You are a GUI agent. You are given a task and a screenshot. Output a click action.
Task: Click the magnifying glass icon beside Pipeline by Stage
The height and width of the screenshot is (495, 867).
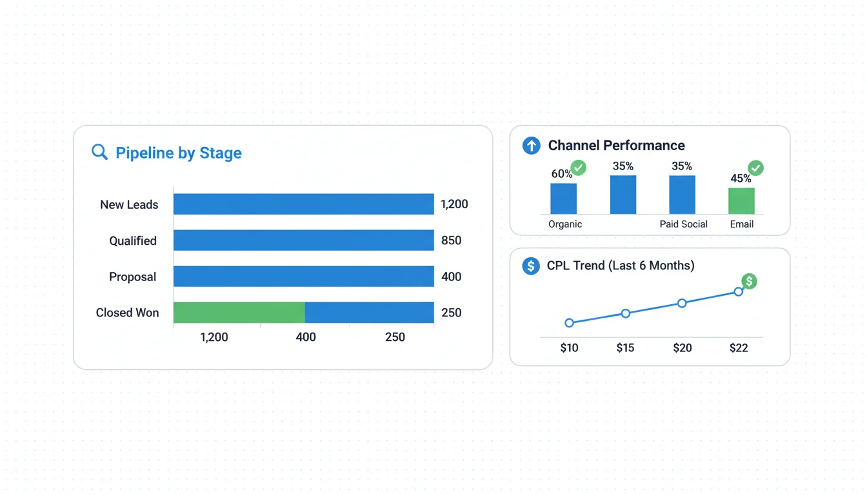click(x=99, y=152)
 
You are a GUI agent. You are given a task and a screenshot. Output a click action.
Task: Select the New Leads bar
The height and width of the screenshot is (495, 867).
click(x=303, y=204)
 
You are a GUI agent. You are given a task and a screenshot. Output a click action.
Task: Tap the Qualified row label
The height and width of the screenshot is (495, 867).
click(x=133, y=240)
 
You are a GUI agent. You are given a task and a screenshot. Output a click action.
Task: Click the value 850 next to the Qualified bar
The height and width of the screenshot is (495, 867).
click(x=451, y=240)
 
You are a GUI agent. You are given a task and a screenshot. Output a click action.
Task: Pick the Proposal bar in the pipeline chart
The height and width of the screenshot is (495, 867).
click(x=303, y=277)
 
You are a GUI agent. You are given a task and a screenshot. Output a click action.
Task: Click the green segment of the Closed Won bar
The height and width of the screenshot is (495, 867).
click(x=239, y=313)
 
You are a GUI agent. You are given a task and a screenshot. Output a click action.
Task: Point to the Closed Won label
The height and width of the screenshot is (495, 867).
click(x=127, y=313)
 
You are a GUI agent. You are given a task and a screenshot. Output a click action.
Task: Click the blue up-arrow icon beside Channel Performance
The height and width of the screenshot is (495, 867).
click(x=531, y=145)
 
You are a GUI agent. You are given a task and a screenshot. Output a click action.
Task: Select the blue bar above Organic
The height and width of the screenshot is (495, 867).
click(x=563, y=199)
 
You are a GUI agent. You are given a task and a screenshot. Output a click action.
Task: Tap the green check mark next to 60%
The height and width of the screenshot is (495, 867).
click(x=579, y=168)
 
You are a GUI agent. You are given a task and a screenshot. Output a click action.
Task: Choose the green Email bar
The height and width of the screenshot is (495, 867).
click(x=741, y=201)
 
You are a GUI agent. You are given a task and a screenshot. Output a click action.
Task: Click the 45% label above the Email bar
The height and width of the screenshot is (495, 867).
click(x=740, y=179)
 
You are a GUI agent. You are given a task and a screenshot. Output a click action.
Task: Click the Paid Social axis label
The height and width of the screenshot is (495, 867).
click(x=683, y=224)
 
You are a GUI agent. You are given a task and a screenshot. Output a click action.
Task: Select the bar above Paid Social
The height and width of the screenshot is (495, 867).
click(x=682, y=195)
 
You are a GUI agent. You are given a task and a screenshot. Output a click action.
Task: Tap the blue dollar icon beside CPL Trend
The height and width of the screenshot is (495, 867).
click(x=531, y=266)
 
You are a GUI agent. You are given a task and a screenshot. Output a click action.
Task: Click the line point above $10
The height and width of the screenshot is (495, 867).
click(x=569, y=323)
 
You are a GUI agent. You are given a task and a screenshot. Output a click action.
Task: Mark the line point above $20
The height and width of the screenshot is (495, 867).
click(x=682, y=303)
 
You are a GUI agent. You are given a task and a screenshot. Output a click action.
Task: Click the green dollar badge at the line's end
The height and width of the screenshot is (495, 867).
click(x=749, y=281)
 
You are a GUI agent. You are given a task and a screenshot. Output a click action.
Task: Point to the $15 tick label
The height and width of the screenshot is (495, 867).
click(x=625, y=348)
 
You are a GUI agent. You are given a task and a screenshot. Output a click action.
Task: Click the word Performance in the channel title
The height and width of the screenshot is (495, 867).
click(x=645, y=145)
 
